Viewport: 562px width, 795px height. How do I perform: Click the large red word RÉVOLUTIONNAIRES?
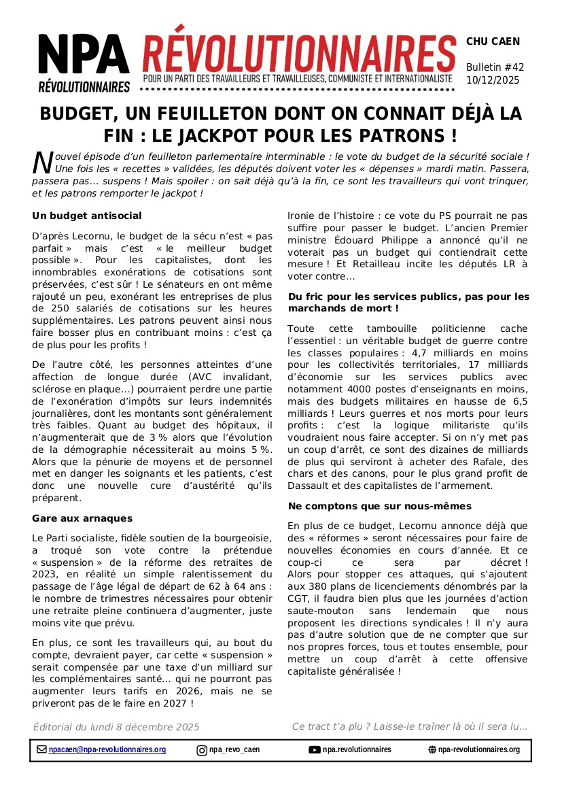pyautogui.click(x=299, y=50)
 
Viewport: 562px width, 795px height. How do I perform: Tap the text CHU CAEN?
pyautogui.click(x=493, y=41)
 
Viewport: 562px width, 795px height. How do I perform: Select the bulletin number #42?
pyautogui.click(x=514, y=67)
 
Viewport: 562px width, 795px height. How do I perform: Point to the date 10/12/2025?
pyautogui.click(x=493, y=80)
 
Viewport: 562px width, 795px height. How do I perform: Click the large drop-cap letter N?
pyautogui.click(x=43, y=162)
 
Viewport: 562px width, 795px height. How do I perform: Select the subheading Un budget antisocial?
pyautogui.click(x=87, y=216)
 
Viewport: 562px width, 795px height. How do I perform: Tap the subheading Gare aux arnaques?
pyautogui.click(x=82, y=518)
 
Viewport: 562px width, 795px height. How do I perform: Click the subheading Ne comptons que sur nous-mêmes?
pyautogui.click(x=379, y=506)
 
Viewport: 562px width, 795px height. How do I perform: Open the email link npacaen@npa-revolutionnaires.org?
pyautogui.click(x=107, y=749)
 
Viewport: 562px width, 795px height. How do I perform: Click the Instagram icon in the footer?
pyautogui.click(x=202, y=750)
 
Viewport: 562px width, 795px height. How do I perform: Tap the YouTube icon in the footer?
pyautogui.click(x=315, y=750)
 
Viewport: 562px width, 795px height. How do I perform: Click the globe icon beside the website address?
pyautogui.click(x=432, y=750)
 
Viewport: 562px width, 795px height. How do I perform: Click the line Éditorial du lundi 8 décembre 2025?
pyautogui.click(x=116, y=727)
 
